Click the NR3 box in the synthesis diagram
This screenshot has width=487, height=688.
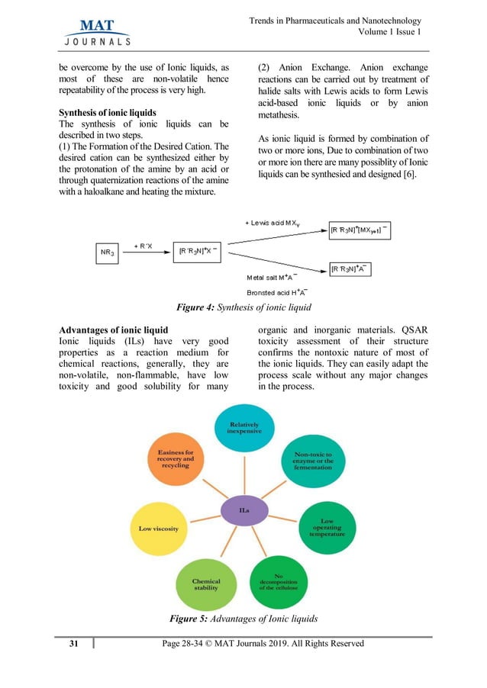point(108,252)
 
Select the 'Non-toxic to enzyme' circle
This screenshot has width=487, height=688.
point(313,461)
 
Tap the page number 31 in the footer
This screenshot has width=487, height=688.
point(74,644)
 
